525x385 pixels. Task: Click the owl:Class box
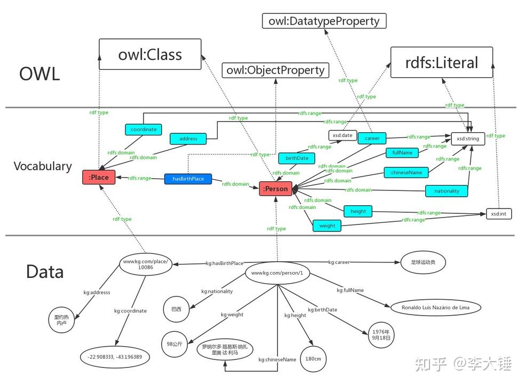click(150, 54)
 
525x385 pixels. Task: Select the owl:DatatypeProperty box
click(324, 21)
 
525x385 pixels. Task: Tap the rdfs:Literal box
click(441, 63)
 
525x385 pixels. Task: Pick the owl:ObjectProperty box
click(275, 70)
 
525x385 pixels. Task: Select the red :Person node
click(276, 188)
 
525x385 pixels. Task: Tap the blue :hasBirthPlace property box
click(187, 179)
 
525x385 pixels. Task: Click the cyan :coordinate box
click(143, 129)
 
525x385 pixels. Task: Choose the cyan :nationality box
click(446, 190)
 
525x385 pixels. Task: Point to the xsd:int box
click(498, 214)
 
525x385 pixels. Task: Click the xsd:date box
click(341, 135)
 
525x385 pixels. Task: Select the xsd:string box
click(468, 139)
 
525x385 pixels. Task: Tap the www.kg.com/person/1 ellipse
click(277, 273)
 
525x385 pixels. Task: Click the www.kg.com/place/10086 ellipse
click(146, 264)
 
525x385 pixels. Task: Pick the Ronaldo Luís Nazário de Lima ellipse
click(435, 308)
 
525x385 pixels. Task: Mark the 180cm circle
click(313, 359)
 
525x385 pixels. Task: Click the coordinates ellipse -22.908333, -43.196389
click(115, 356)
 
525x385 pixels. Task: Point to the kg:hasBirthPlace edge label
click(225, 263)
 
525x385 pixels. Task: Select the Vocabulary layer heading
click(43, 166)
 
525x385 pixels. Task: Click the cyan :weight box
click(327, 226)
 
